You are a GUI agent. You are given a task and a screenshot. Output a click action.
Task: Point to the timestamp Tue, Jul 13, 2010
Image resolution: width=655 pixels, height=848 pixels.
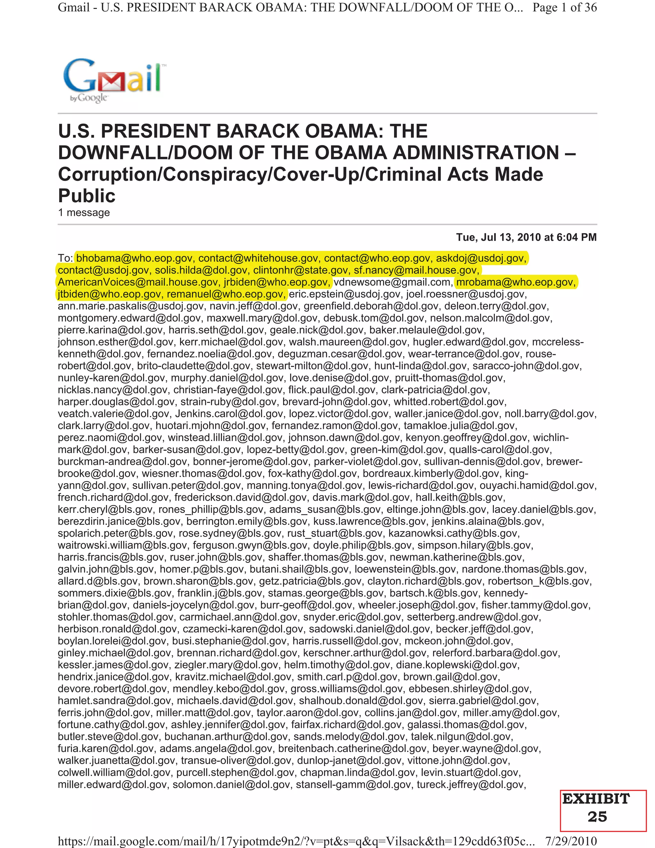point(526,237)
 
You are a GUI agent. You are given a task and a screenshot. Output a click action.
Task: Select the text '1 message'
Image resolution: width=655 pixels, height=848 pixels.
point(84,213)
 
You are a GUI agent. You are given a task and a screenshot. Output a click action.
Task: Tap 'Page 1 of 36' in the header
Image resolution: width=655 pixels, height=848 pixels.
point(564,7)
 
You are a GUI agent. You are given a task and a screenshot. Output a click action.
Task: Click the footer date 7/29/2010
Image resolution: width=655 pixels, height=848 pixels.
point(571,841)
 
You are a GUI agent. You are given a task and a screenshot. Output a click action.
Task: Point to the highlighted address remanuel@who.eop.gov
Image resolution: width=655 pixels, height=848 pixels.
point(226,294)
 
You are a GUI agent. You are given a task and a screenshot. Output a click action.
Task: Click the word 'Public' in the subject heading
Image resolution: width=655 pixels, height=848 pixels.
point(87,196)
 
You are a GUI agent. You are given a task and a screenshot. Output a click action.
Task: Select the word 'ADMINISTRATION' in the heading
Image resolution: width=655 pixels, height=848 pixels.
point(476,153)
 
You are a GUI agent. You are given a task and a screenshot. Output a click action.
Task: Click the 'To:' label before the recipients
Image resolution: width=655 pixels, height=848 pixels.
point(65,258)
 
